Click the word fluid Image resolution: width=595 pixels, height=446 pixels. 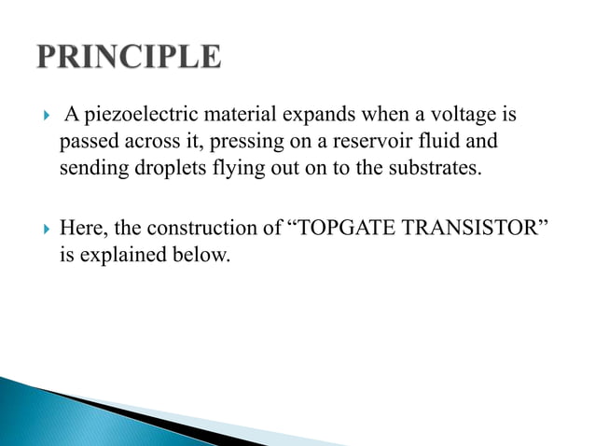[443, 144]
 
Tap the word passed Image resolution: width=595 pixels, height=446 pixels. [87, 144]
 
